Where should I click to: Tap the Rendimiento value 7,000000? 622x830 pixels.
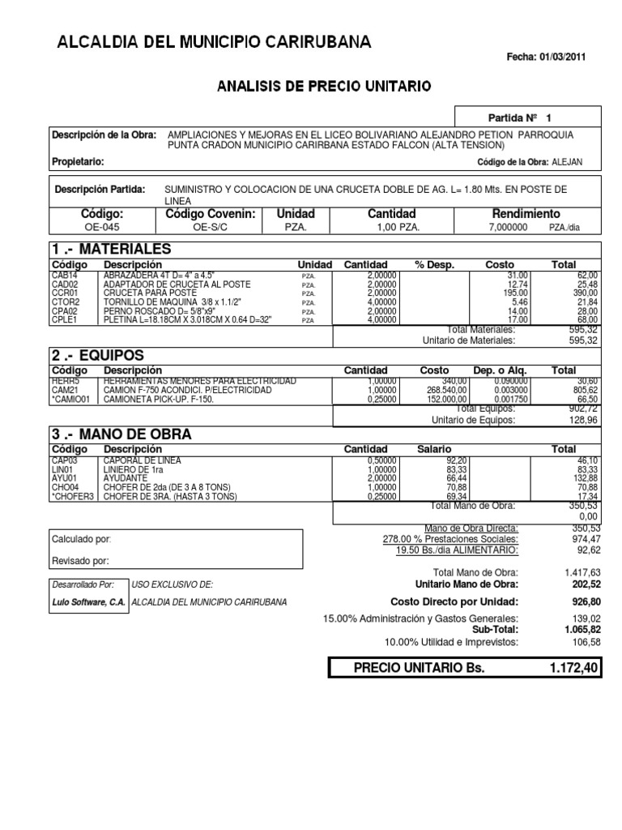[x=507, y=228]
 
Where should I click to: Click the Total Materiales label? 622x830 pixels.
[x=480, y=329]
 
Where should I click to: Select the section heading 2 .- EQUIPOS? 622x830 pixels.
[x=98, y=355]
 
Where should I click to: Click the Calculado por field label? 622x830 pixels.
[x=82, y=539]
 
